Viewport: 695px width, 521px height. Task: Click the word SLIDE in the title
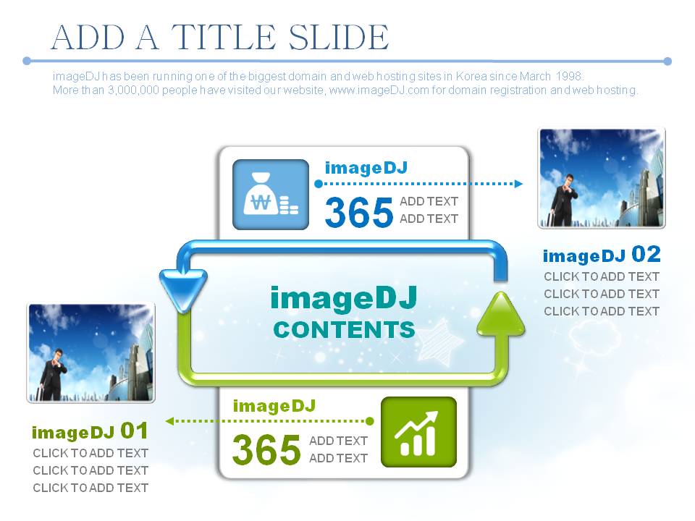[x=339, y=37]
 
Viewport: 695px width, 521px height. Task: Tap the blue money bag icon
[x=271, y=195]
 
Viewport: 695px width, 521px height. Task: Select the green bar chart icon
[x=419, y=432]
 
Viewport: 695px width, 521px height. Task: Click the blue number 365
[x=359, y=212]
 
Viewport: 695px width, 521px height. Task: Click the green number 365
[x=266, y=449]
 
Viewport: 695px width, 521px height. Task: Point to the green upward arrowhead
[x=501, y=315]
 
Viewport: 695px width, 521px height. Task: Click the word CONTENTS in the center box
[x=345, y=330]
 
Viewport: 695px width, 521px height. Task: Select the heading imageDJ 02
[x=602, y=255]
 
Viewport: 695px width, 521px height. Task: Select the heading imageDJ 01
[x=90, y=431]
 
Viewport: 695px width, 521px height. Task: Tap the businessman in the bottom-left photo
[x=53, y=374]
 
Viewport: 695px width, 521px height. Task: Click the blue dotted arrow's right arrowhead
[x=518, y=183]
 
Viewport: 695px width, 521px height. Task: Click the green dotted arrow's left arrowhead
[x=169, y=421]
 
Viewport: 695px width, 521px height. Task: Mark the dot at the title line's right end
[x=667, y=61]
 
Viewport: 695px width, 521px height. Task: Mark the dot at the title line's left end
[x=27, y=61]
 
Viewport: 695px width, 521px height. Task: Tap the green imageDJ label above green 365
[x=274, y=406]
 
